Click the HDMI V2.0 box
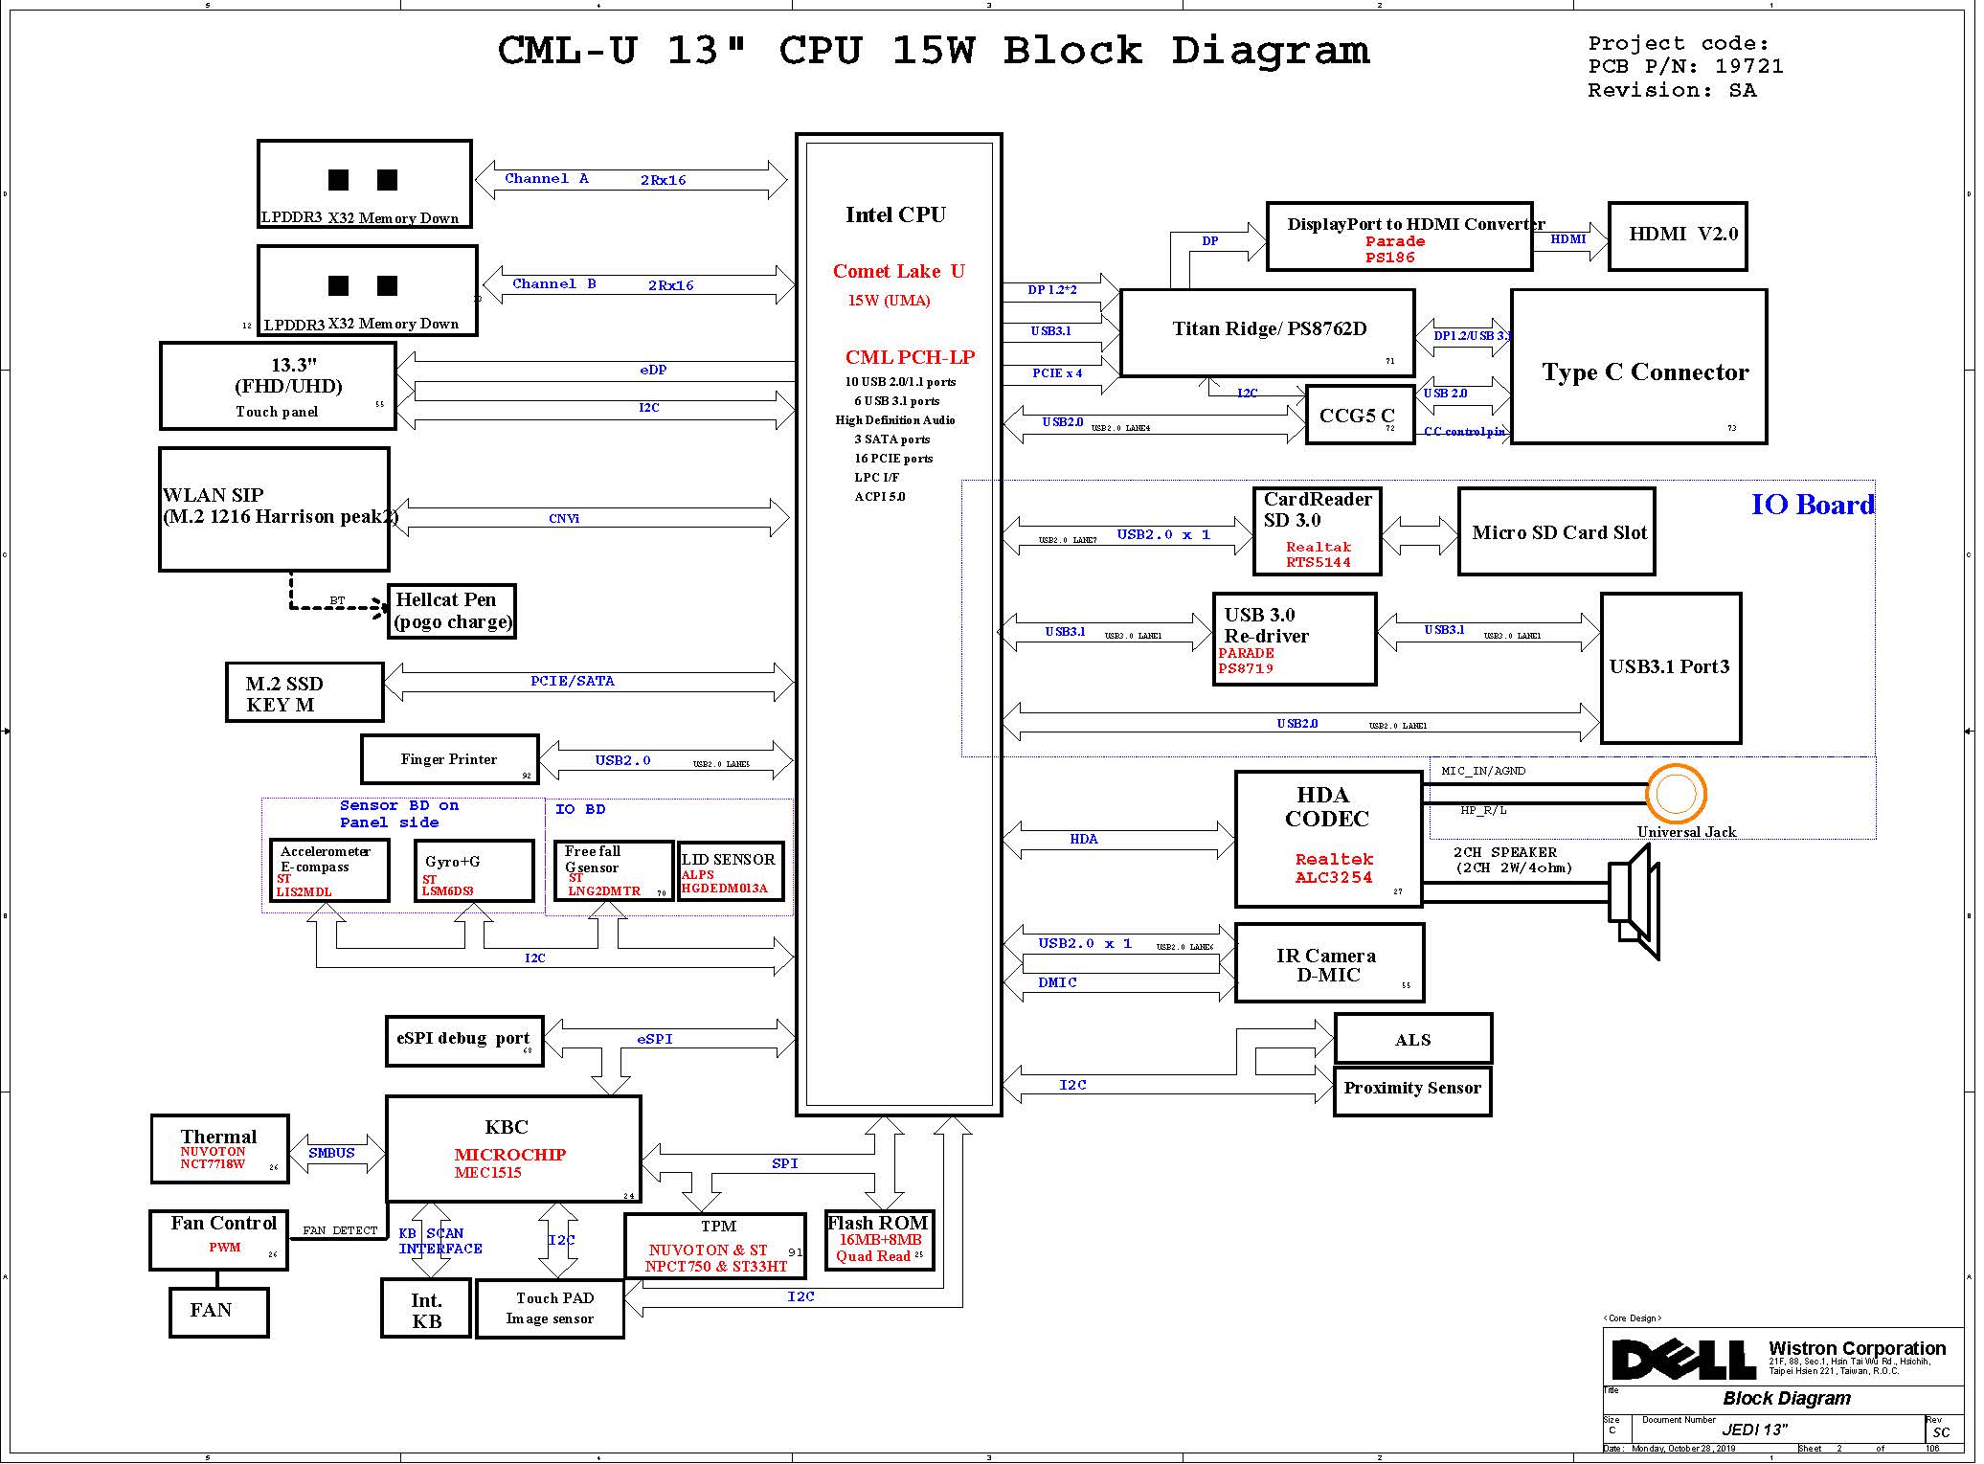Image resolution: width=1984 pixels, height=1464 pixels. [x=1677, y=236]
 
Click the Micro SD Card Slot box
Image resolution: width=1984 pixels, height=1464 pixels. [x=1556, y=532]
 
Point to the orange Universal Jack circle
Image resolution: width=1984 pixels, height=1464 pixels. [x=1676, y=793]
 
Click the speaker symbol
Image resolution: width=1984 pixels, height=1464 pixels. [x=1634, y=905]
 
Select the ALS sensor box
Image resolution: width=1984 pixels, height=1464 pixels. [x=1412, y=1039]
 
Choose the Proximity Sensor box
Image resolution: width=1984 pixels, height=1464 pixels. [x=1412, y=1090]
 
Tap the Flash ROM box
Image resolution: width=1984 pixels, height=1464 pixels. [x=879, y=1241]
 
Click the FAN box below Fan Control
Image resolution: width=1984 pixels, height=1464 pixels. [x=218, y=1312]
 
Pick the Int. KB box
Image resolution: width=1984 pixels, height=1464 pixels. [x=426, y=1310]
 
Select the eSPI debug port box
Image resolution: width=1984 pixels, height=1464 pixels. [x=464, y=1041]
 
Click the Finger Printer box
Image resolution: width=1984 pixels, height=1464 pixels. [x=449, y=759]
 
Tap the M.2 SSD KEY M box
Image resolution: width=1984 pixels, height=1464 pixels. [x=304, y=692]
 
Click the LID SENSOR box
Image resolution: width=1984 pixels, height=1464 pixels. [x=731, y=872]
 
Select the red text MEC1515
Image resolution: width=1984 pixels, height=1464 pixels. [x=488, y=1173]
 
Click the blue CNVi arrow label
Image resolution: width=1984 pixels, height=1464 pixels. [x=564, y=518]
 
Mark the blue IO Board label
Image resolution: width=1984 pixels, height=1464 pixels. [x=1812, y=505]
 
